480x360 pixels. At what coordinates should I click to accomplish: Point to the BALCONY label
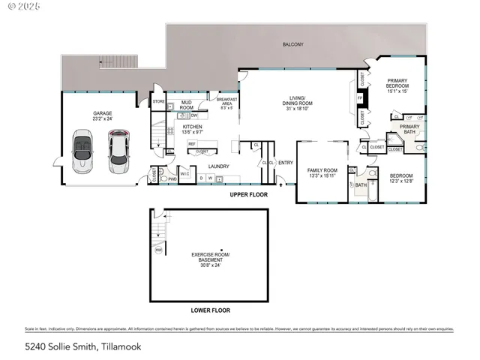tap(293, 45)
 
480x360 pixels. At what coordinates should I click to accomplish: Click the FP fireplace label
tap(360, 98)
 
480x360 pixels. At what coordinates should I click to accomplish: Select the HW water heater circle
tap(158, 250)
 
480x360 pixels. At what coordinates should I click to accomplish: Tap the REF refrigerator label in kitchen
tap(191, 143)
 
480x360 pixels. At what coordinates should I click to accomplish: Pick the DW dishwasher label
tap(194, 115)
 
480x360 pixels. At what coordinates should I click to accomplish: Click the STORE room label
tap(158, 101)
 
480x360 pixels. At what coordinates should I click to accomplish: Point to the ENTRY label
tap(286, 163)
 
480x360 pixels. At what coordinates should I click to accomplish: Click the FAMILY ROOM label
tap(322, 170)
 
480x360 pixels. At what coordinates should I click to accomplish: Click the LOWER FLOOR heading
tap(210, 310)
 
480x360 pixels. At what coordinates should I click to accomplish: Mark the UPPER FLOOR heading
tap(249, 193)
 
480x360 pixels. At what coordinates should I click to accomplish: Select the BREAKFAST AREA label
tap(226, 103)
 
